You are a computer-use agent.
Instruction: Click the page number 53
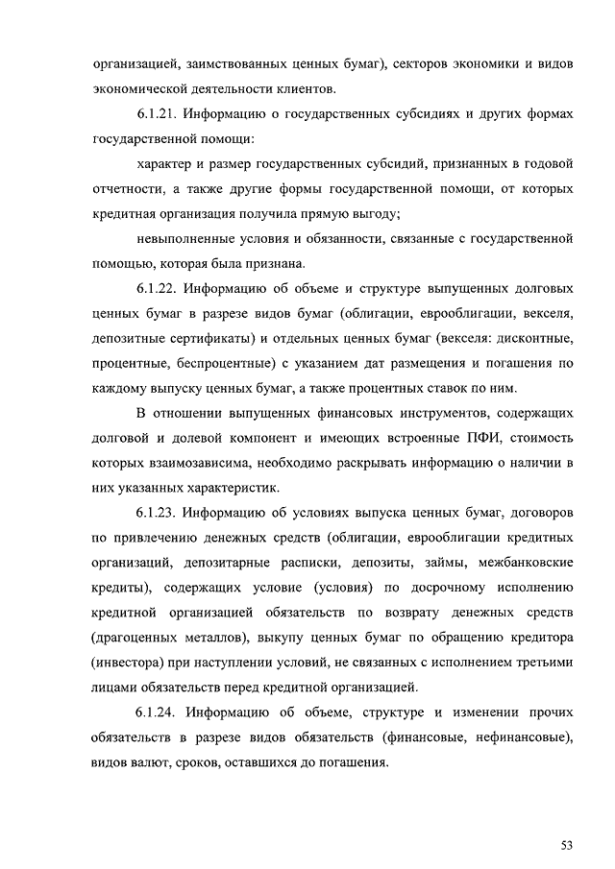click(567, 845)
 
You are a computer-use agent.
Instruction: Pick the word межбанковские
click(525, 561)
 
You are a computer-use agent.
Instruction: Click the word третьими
click(545, 661)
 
